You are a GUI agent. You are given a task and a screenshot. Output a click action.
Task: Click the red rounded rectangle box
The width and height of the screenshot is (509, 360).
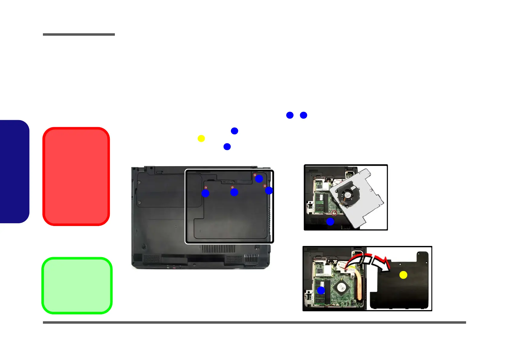pyautogui.click(x=76, y=176)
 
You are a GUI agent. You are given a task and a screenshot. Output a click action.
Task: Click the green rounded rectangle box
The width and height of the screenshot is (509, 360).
pyautogui.click(x=77, y=285)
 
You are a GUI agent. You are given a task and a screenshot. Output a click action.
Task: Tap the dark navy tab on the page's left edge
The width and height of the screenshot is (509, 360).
pyautogui.click(x=14, y=172)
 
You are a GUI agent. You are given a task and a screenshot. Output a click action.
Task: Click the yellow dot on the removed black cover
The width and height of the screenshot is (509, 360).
pyautogui.click(x=403, y=275)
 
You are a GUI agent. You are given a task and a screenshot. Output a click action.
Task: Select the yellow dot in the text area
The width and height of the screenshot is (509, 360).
pyautogui.click(x=201, y=139)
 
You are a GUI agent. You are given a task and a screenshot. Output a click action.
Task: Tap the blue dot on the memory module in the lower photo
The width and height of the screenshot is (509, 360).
pyautogui.click(x=321, y=291)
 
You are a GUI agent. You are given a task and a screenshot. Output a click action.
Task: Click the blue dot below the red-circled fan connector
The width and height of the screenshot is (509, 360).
pyautogui.click(x=330, y=222)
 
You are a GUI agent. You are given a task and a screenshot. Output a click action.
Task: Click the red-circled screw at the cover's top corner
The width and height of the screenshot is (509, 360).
pyautogui.click(x=255, y=175)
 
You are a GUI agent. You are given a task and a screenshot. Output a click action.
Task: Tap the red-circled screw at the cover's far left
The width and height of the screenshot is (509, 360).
pyautogui.click(x=206, y=188)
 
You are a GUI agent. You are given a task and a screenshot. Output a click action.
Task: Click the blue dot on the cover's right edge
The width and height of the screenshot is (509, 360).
pyautogui.click(x=269, y=191)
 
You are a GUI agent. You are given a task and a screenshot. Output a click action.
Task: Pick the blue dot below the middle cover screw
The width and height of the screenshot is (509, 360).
pyautogui.click(x=234, y=192)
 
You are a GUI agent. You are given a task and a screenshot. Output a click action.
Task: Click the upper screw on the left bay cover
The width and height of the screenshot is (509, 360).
pyautogui.click(x=139, y=182)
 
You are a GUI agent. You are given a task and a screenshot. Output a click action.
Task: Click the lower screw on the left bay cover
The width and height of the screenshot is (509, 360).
pyautogui.click(x=139, y=202)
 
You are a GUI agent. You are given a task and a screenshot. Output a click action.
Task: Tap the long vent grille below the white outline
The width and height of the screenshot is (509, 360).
pyautogui.click(x=218, y=249)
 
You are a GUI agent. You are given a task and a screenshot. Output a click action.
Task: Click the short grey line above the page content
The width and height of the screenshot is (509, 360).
pyautogui.click(x=79, y=34)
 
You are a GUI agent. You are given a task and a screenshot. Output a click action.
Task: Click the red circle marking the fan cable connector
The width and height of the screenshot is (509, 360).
pyautogui.click(x=334, y=213)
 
